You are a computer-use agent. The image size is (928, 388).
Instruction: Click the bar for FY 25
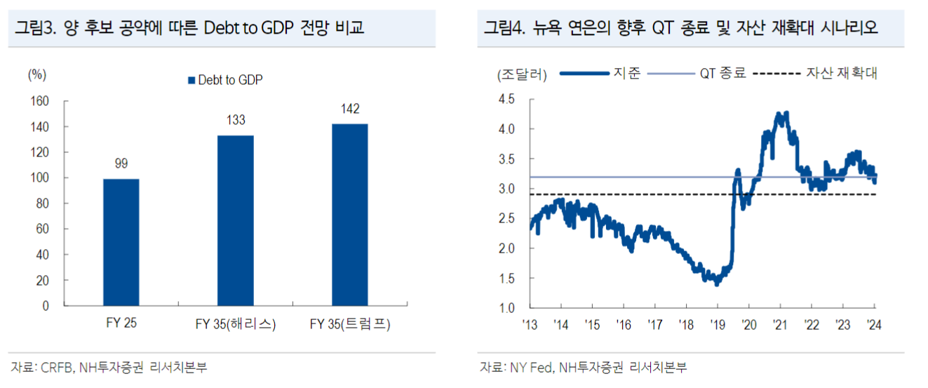click(x=121, y=242)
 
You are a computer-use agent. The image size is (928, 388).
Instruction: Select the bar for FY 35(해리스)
click(x=235, y=220)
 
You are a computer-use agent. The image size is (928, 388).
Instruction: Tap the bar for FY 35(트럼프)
click(x=349, y=215)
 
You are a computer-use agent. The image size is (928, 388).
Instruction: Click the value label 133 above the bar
click(x=236, y=121)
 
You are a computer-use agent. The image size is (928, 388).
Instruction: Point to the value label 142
click(x=349, y=109)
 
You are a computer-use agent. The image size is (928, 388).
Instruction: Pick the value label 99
click(x=121, y=164)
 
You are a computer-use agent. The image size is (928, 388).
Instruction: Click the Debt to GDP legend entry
click(x=224, y=81)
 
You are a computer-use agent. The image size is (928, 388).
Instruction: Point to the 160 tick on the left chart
click(x=40, y=101)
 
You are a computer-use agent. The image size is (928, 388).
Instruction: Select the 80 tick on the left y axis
click(x=43, y=203)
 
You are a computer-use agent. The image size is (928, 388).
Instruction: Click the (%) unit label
click(x=37, y=74)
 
